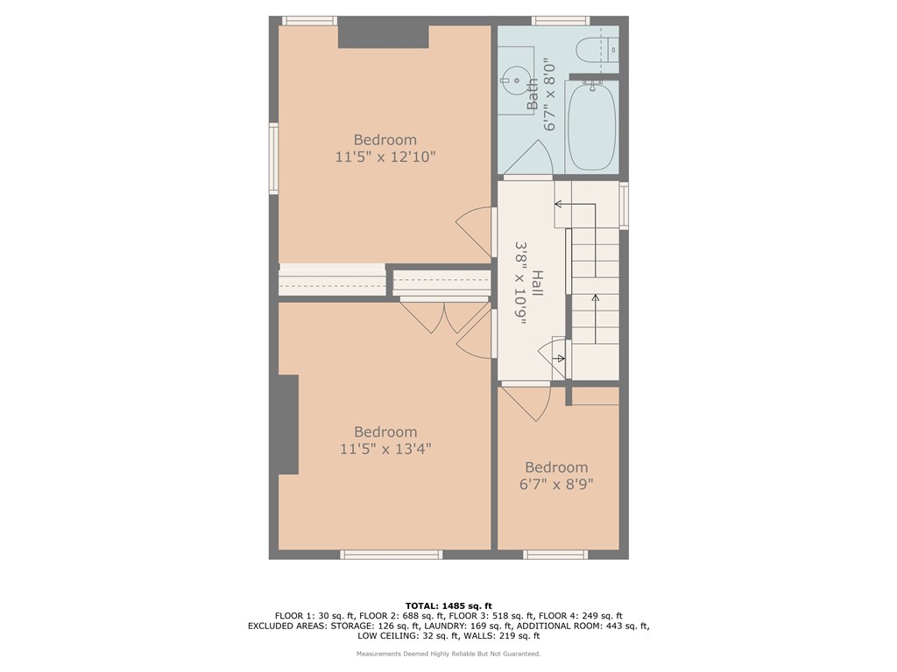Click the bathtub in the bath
(x=592, y=126)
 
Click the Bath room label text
(x=533, y=94)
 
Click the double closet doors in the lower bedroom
(x=434, y=317)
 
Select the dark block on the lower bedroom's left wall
(x=288, y=424)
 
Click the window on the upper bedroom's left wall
(x=273, y=158)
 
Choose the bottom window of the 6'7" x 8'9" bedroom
(x=554, y=554)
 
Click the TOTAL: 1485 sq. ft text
(x=448, y=605)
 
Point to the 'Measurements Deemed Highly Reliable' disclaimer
(x=448, y=654)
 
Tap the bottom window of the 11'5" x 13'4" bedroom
(x=391, y=554)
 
